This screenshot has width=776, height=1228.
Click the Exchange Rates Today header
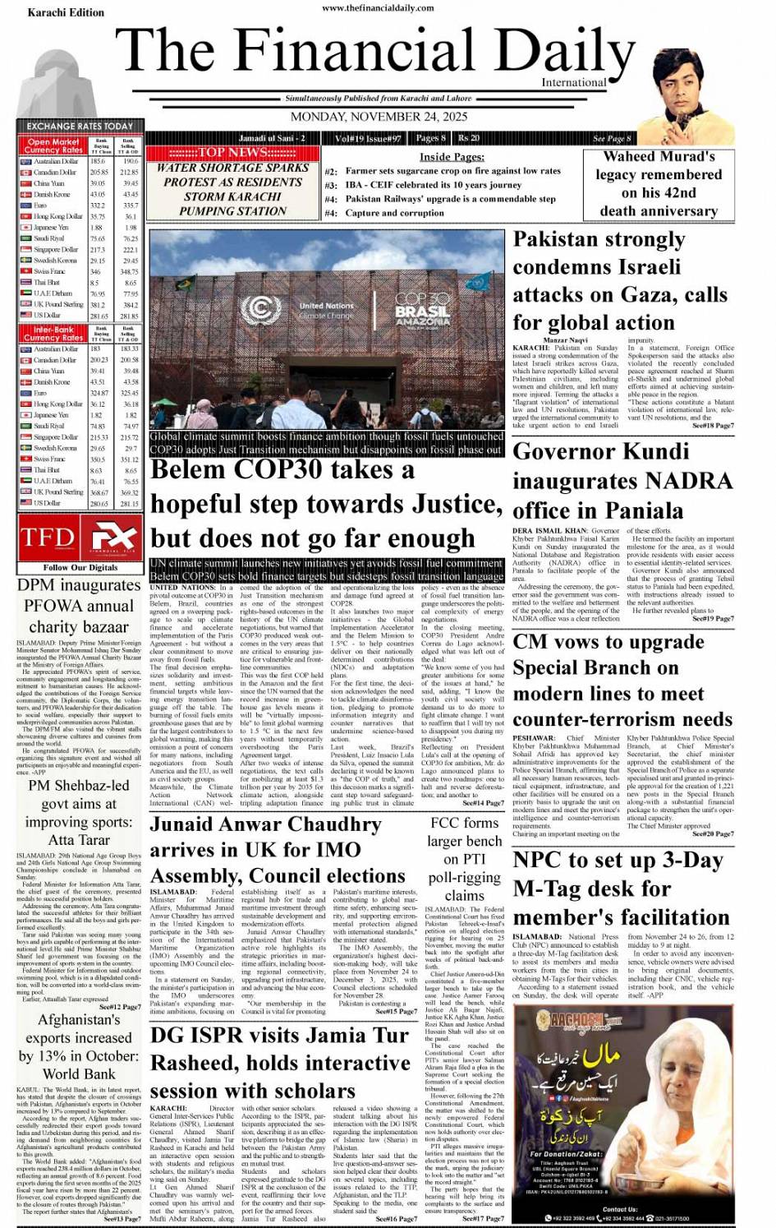click(x=80, y=126)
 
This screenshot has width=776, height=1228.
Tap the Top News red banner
click(x=232, y=152)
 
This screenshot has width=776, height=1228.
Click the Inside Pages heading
click(x=452, y=156)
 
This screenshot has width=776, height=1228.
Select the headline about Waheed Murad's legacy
click(x=658, y=183)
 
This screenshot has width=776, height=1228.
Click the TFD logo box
click(x=80, y=537)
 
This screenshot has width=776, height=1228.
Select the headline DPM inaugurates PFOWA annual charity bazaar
click(x=79, y=606)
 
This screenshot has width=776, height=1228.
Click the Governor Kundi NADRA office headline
click(x=622, y=480)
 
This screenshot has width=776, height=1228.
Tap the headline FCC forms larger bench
click(x=464, y=858)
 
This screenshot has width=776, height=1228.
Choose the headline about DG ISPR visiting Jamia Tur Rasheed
click(x=280, y=1063)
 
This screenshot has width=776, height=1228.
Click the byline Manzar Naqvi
click(x=565, y=340)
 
